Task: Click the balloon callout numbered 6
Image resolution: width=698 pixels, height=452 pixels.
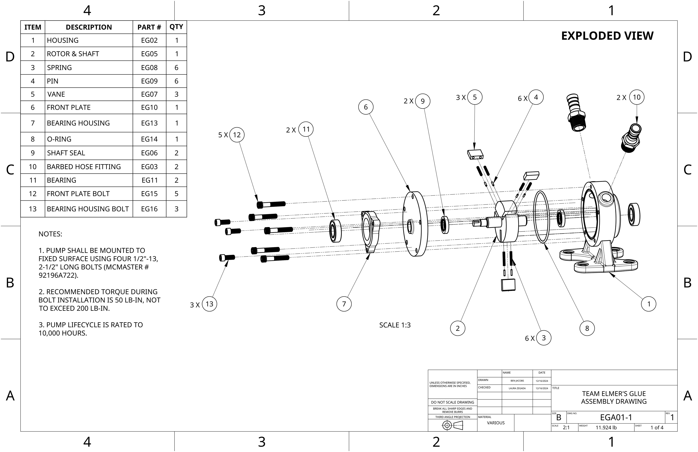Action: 366,107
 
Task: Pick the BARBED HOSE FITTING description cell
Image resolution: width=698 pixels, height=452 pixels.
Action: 89,167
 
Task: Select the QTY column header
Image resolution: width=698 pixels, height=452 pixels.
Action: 176,27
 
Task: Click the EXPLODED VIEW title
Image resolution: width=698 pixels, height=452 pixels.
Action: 607,36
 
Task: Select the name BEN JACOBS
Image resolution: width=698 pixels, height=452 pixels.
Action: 517,381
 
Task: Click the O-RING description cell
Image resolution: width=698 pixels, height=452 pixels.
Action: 89,139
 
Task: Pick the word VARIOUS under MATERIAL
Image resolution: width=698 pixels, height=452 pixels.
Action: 496,423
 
